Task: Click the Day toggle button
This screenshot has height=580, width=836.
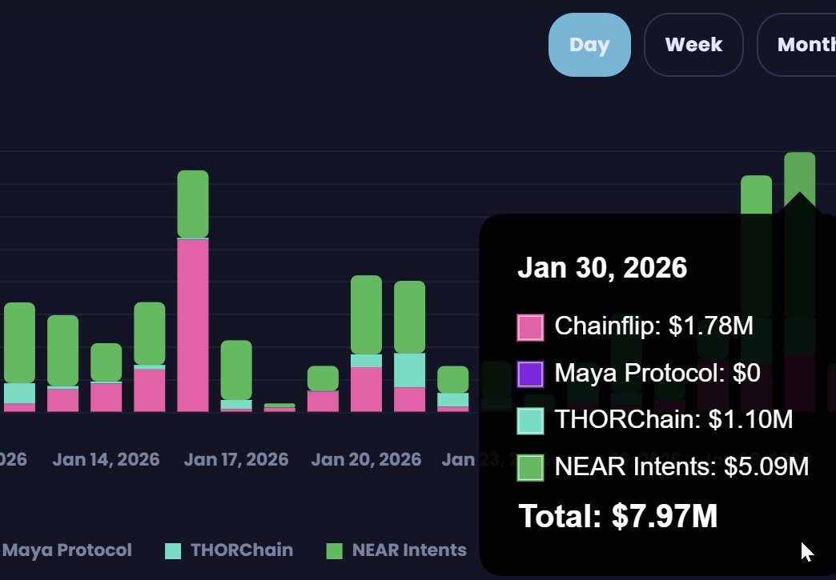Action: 589,45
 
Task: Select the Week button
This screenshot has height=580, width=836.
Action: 693,45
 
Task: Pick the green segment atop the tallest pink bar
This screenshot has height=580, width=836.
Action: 193,204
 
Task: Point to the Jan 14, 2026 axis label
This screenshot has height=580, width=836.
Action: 106,460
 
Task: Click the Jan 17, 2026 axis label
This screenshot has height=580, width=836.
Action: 235,460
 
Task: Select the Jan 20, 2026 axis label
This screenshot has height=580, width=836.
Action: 366,460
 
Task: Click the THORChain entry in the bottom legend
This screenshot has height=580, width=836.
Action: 241,550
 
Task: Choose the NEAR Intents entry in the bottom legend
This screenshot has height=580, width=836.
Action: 408,550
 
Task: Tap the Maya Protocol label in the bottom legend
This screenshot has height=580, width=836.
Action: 67,550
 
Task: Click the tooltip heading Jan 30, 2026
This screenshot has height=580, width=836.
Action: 602,267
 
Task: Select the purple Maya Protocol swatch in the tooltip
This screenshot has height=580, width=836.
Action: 530,374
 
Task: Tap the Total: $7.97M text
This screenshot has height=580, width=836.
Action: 617,516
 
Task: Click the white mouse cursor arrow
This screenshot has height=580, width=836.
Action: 806,551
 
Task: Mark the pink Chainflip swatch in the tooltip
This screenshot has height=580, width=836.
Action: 530,327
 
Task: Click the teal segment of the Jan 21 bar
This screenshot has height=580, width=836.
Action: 409,370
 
